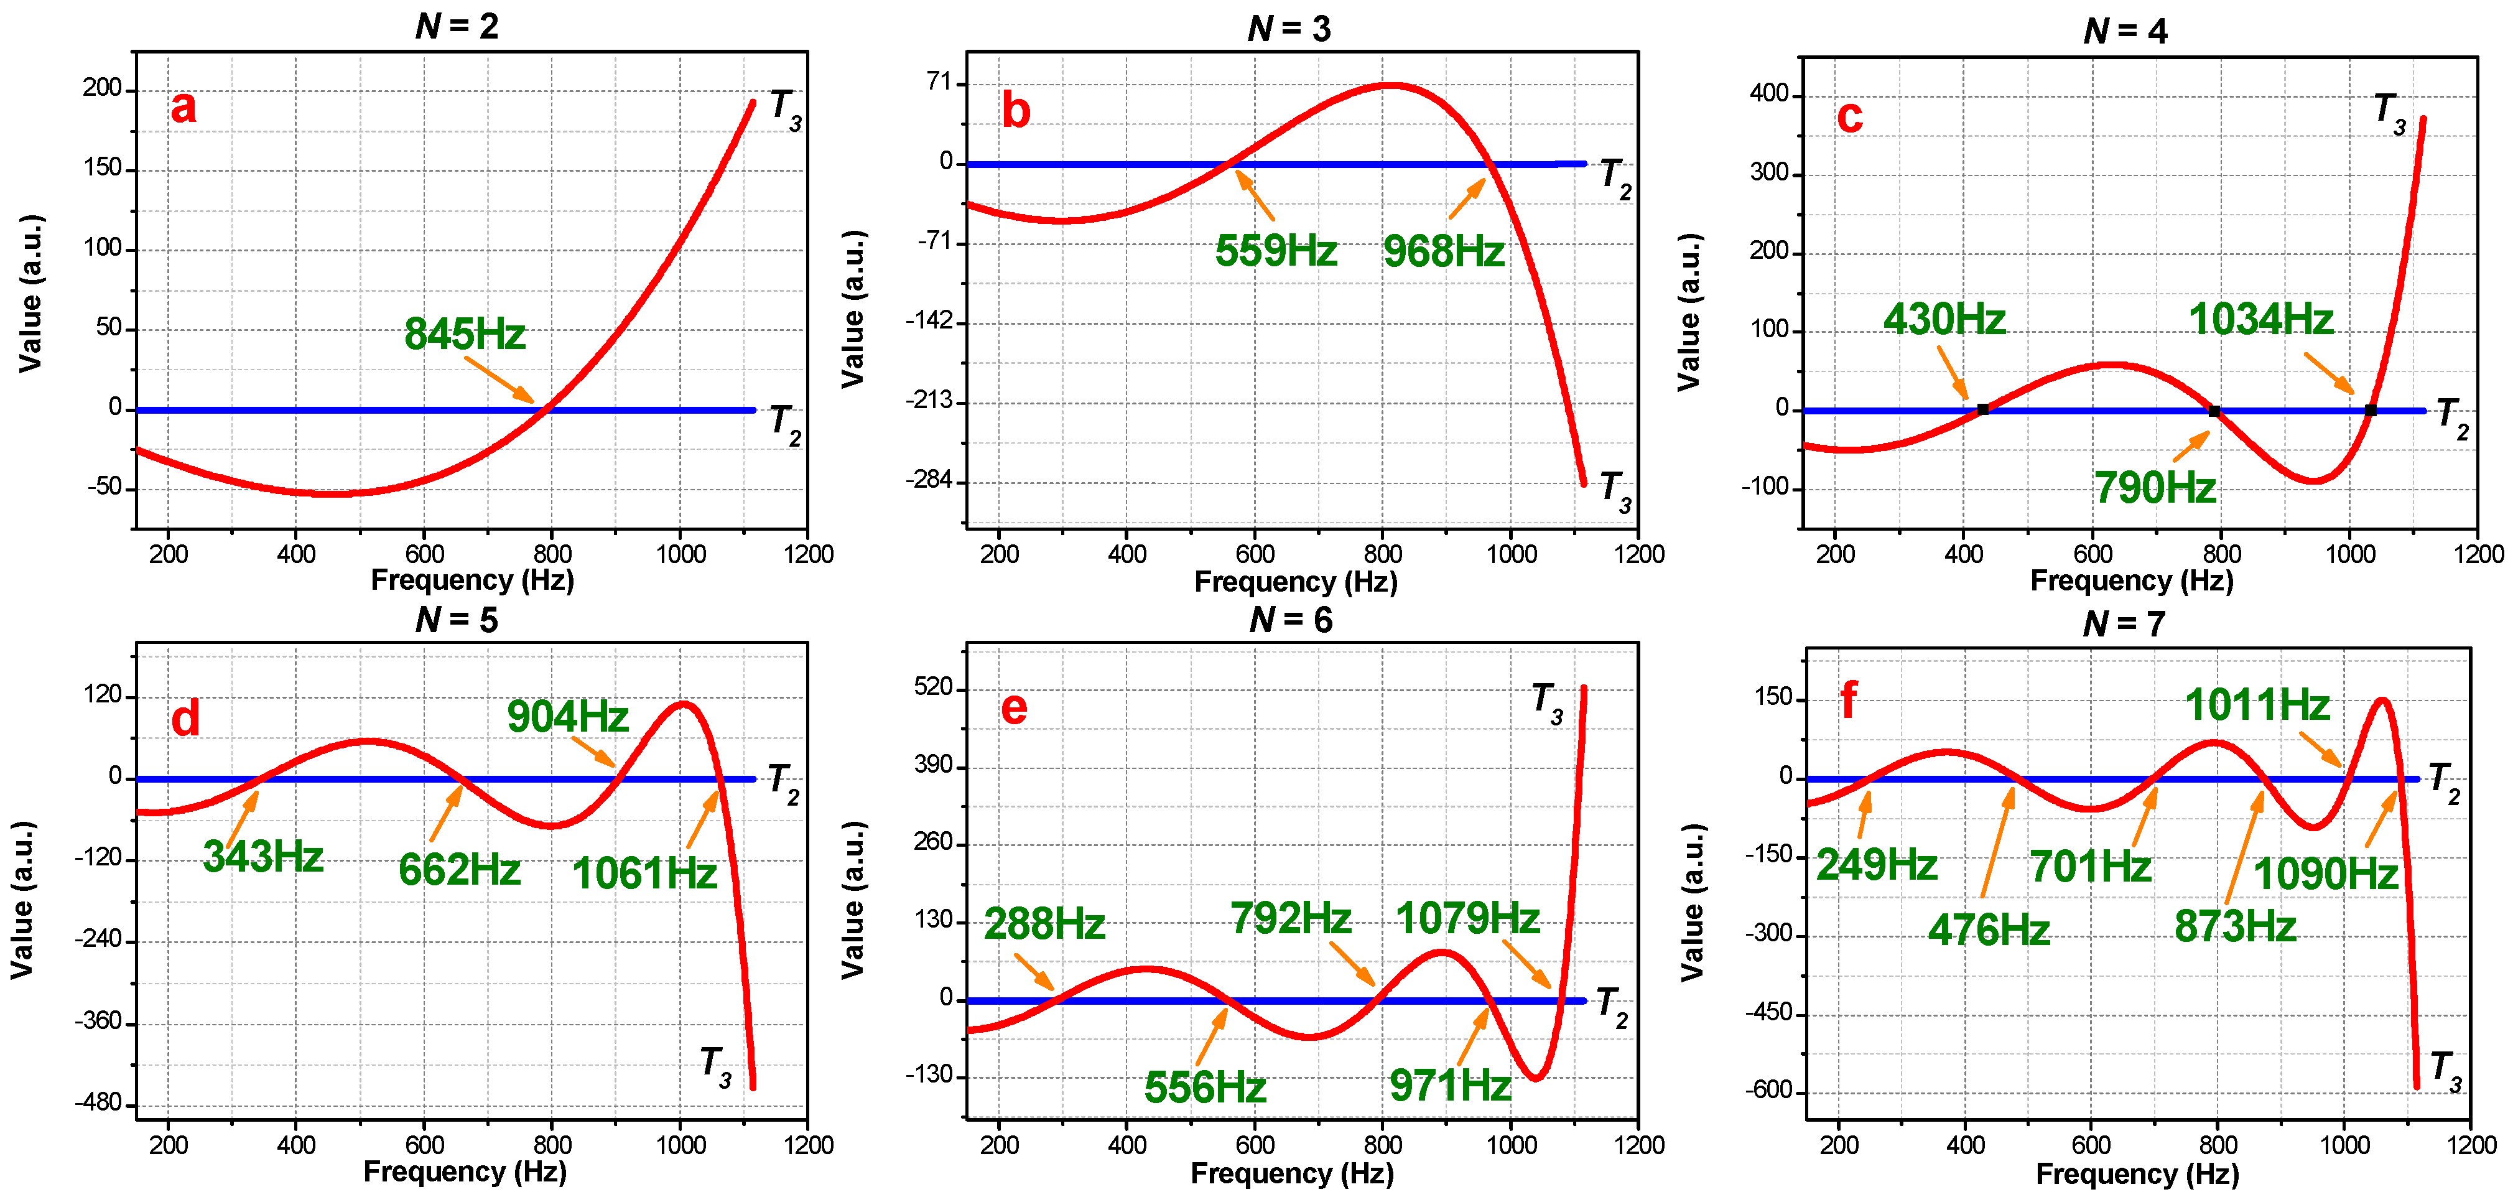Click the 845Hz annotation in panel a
pyautogui.click(x=465, y=335)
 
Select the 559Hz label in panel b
pyautogui.click(x=1275, y=251)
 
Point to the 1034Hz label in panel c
pyautogui.click(x=2260, y=319)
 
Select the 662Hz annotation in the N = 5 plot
pyautogui.click(x=460, y=869)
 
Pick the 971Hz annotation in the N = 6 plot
pyautogui.click(x=1450, y=1085)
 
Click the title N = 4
pyautogui.click(x=2125, y=31)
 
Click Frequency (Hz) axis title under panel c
pyautogui.click(x=2132, y=580)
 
